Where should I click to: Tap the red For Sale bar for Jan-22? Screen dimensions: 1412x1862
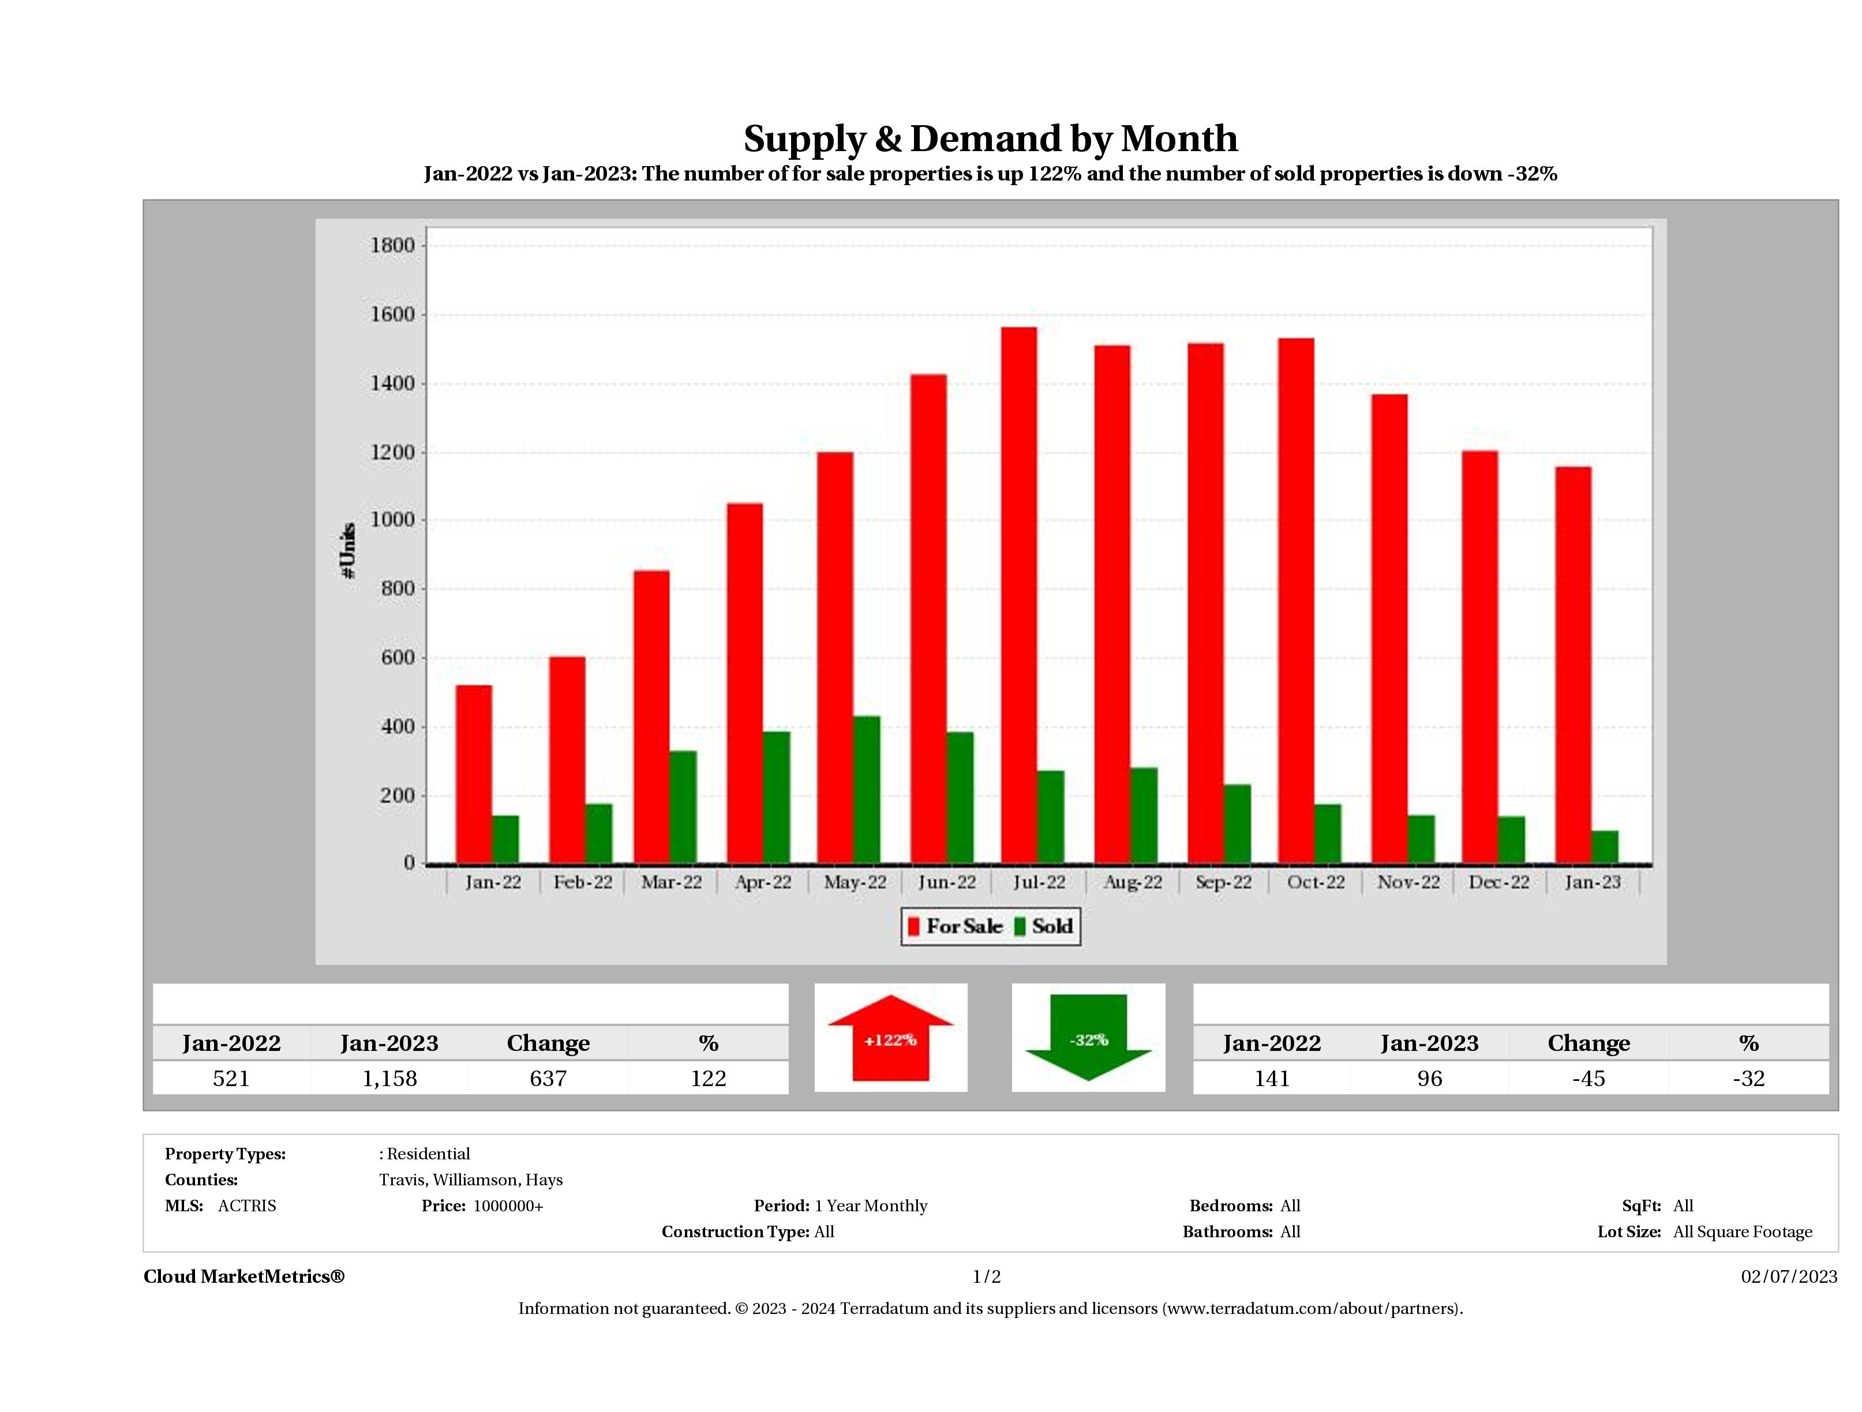[474, 774]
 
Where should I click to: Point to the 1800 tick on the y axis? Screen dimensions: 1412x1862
[392, 246]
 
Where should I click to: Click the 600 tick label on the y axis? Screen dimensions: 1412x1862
[398, 658]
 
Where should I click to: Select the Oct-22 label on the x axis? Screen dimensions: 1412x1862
[1316, 882]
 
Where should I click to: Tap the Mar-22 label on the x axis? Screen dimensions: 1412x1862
[671, 882]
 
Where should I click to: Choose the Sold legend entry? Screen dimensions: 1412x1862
[1044, 926]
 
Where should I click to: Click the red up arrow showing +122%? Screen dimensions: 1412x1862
[890, 1038]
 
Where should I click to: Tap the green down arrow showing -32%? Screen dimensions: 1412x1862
[1088, 1038]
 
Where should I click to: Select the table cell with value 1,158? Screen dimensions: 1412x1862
[389, 1079]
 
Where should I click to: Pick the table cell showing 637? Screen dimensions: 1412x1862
[548, 1079]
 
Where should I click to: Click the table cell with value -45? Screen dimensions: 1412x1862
[1588, 1079]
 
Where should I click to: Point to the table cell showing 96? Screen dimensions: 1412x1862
[1429, 1079]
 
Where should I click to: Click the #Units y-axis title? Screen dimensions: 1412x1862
[348, 551]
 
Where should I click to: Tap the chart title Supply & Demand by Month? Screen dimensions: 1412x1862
[990, 139]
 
